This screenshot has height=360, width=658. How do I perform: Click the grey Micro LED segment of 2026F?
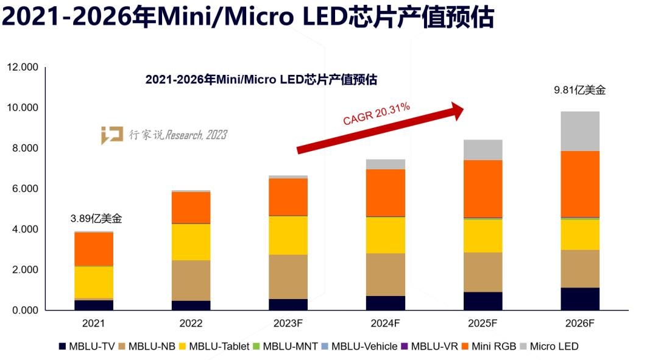580,131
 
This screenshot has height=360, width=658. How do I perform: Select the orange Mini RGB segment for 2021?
94,249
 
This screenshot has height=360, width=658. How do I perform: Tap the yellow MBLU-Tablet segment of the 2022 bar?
191,242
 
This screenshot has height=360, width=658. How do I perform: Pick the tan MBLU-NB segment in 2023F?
288,277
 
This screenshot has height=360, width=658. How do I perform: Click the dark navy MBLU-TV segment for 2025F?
483,301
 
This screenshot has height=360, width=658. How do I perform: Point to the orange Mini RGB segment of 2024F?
386,192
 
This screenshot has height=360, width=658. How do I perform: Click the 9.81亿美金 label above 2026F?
579,90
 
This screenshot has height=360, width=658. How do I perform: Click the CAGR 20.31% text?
376,114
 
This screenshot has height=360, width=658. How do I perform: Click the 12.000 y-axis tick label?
23,67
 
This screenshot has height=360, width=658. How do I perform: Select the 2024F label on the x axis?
386,323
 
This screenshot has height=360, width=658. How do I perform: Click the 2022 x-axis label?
191,323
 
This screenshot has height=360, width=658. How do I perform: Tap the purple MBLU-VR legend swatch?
404,346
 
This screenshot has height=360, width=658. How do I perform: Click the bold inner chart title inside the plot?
261,79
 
